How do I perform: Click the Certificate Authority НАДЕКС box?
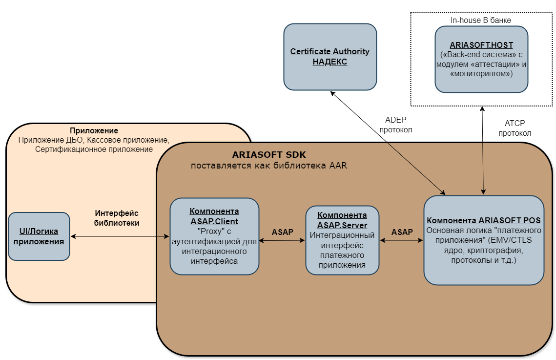tap(330, 57)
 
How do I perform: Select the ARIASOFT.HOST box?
tap(481, 59)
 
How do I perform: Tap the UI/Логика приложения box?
tap(39, 236)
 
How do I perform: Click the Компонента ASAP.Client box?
tap(214, 236)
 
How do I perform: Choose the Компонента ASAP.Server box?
tap(342, 240)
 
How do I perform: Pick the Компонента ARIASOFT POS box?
tap(484, 240)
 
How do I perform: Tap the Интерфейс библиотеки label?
tap(117, 218)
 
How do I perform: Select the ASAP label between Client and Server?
tap(283, 232)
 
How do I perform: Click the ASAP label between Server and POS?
tap(402, 232)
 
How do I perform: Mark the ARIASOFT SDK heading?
tap(269, 155)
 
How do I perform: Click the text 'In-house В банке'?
tap(481, 20)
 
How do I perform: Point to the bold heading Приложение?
tap(94, 131)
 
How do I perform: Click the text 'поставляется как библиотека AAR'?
tap(269, 166)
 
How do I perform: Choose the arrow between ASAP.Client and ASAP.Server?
tap(282, 240)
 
